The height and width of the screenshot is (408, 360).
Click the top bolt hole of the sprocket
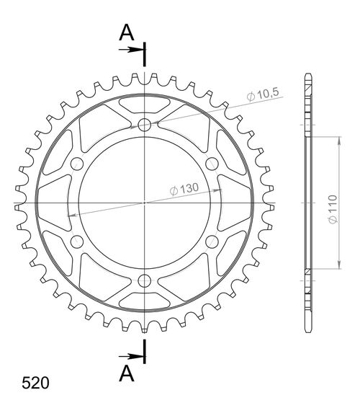tap(145, 125)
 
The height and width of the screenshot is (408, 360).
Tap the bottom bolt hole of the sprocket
tap(145, 280)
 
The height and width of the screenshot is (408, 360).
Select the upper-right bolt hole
tap(212, 164)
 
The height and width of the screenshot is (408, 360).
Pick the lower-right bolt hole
tap(212, 241)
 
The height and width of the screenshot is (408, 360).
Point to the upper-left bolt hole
tap(78, 164)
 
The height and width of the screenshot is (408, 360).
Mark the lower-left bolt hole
tap(78, 241)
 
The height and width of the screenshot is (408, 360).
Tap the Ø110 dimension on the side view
tap(346, 203)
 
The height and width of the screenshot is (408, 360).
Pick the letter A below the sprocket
tap(125, 373)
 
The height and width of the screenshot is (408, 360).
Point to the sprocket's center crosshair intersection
tap(145, 203)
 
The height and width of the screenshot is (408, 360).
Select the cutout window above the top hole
tap(145, 104)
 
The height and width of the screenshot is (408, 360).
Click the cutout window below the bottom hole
tap(145, 301)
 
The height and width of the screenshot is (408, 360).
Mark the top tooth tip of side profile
tap(308, 76)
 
